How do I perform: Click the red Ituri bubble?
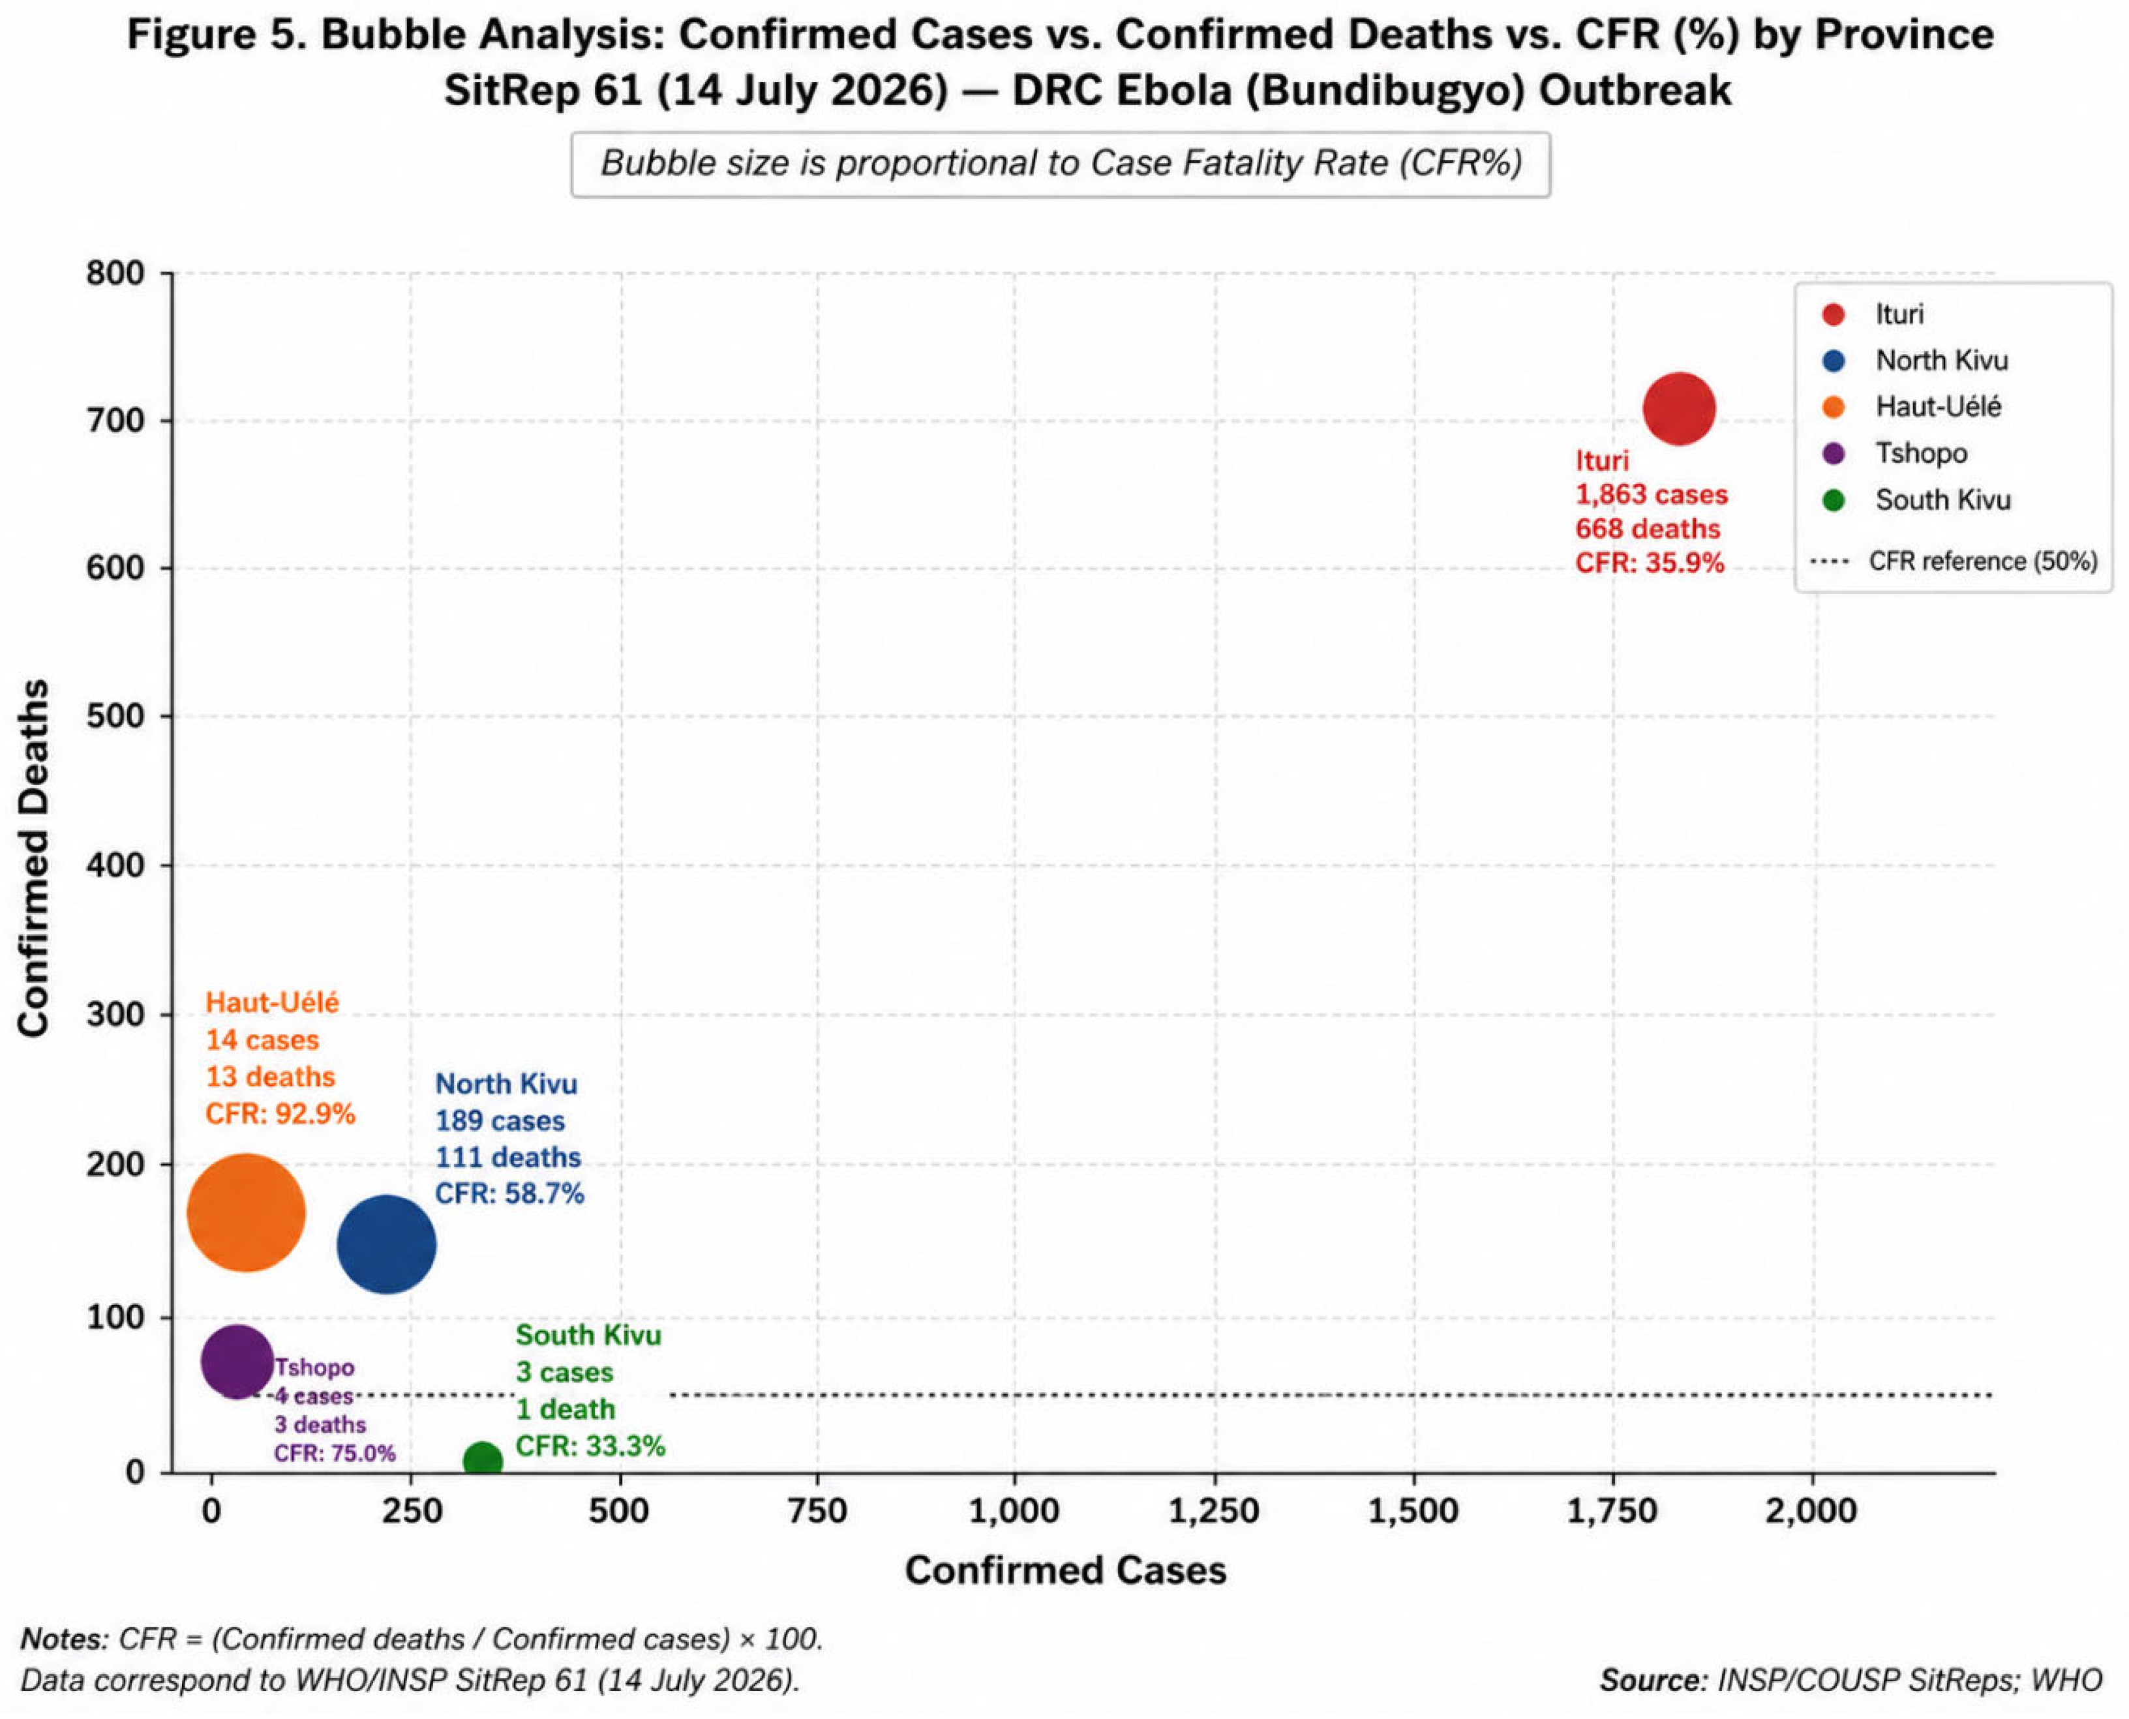tap(1678, 408)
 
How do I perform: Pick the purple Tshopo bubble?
tap(235, 1362)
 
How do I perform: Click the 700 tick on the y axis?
tap(116, 420)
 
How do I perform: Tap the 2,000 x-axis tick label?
tap(1813, 1512)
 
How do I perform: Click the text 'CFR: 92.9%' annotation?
tap(280, 1114)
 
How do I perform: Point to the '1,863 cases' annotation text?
tap(1652, 494)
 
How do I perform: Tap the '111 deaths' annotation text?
tap(508, 1158)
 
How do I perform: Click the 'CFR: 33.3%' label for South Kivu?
tap(590, 1446)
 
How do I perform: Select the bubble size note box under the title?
tap(1061, 164)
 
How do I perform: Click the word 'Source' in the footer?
tap(1652, 1681)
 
